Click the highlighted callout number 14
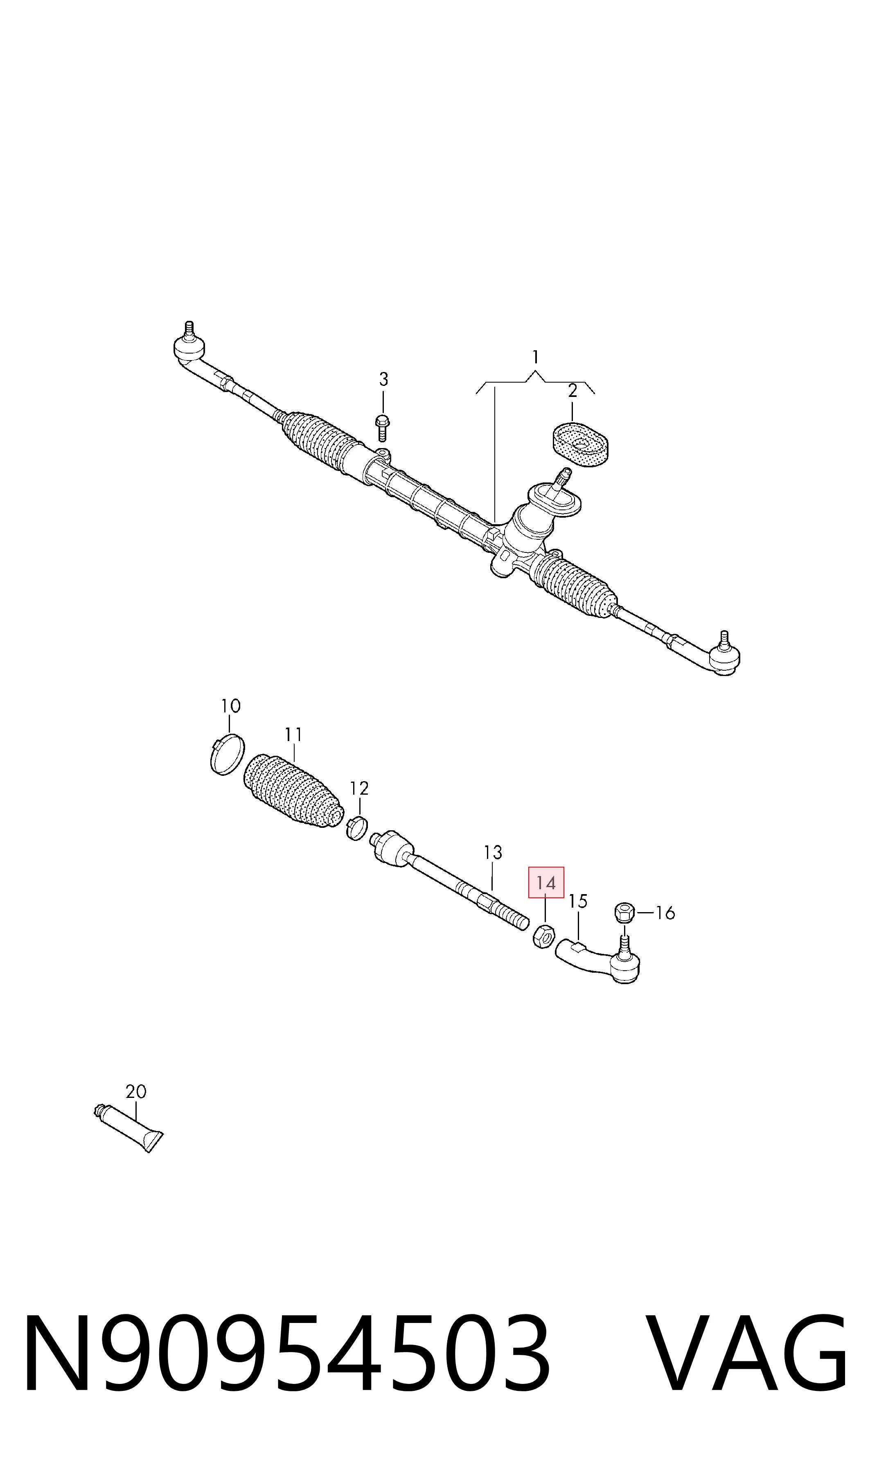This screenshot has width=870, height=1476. coord(546,883)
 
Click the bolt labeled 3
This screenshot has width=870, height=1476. coord(383,427)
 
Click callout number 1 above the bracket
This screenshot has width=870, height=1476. coord(535,356)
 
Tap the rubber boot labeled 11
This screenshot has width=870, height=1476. coord(293,793)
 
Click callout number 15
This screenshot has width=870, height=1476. coord(578,901)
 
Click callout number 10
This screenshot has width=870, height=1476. coord(230,706)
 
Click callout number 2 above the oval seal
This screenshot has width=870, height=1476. coord(572,390)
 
